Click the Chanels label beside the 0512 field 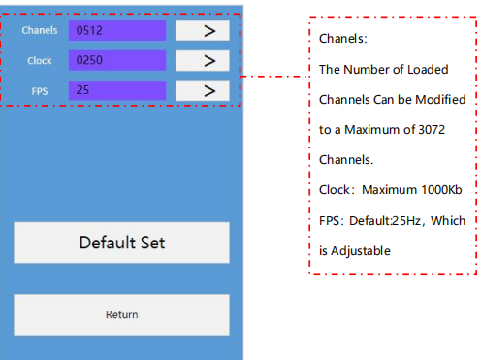(x=40, y=30)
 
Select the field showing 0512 (x=117, y=31)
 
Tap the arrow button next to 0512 (x=203, y=31)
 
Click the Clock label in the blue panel (x=40, y=60)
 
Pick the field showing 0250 (x=117, y=60)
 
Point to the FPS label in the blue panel (x=40, y=91)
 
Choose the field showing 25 (x=117, y=90)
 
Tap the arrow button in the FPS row (x=203, y=90)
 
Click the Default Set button (x=121, y=243)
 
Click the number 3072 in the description (x=432, y=130)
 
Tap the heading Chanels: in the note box (x=343, y=39)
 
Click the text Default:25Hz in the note (x=385, y=221)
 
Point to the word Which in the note (x=448, y=221)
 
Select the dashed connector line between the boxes (x=275, y=77)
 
